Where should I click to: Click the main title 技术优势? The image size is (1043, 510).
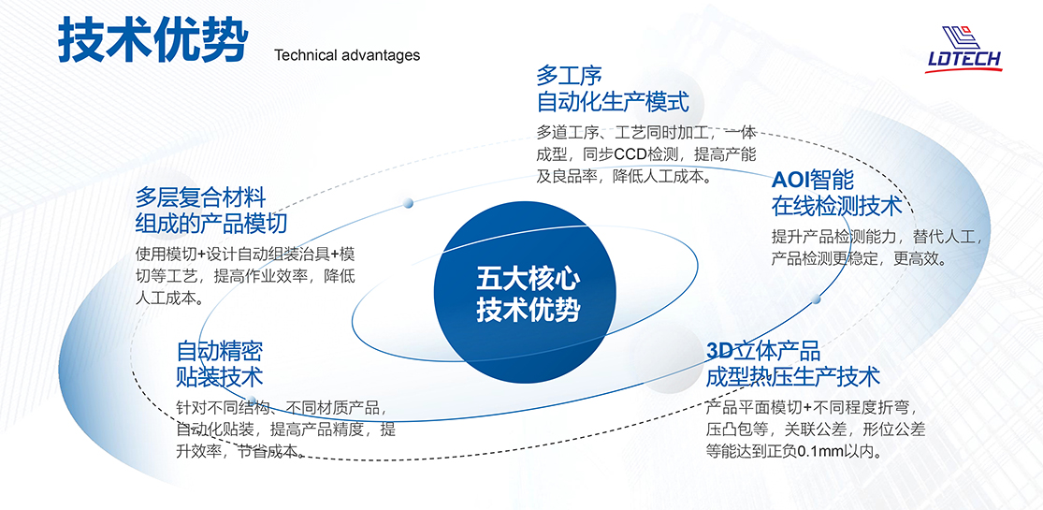coord(152,40)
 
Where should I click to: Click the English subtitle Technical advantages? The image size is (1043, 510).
coord(347,55)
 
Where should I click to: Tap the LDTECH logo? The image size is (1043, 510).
coord(963,49)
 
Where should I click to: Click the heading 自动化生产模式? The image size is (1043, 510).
coord(612,103)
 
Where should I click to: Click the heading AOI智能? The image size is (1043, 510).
coord(812,179)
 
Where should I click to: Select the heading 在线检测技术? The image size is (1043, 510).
coord(836,206)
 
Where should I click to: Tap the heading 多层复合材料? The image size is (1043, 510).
coord(200,197)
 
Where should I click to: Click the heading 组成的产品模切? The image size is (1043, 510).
coord(210,223)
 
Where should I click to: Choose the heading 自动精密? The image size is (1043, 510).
coord(220,351)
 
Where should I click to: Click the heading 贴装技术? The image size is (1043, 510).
coord(220,377)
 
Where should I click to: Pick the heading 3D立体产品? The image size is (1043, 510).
coord(763,351)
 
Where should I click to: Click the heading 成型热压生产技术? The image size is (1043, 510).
coord(793,377)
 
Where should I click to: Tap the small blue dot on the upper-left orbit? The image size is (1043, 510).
coord(408,202)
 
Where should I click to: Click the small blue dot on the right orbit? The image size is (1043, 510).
coord(817,299)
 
